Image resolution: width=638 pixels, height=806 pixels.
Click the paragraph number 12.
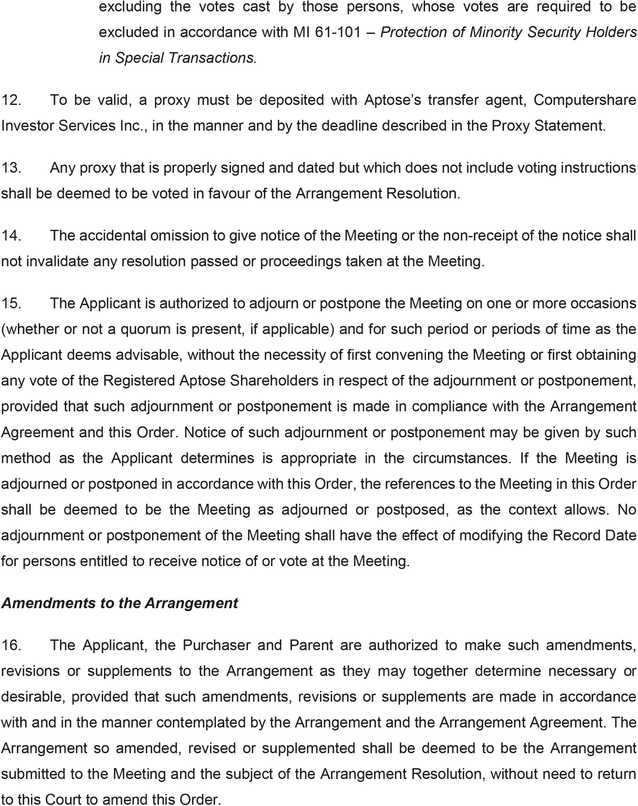click(x=11, y=100)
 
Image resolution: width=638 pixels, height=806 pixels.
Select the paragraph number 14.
click(x=11, y=236)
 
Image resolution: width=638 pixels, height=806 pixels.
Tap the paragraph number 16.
click(x=11, y=645)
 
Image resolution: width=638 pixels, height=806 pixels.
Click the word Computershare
click(x=584, y=100)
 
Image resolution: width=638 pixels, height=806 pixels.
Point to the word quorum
click(x=148, y=329)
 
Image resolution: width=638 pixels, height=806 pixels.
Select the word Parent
click(x=311, y=645)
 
